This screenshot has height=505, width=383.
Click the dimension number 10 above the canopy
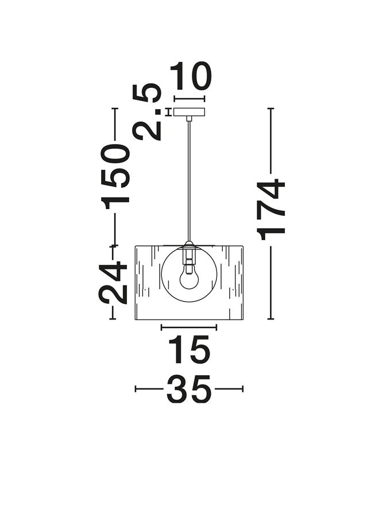coord(190,76)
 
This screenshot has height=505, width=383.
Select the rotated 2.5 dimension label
coord(147,111)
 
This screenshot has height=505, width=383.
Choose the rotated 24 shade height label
coord(113,283)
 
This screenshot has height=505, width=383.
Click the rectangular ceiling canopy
coord(189,112)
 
